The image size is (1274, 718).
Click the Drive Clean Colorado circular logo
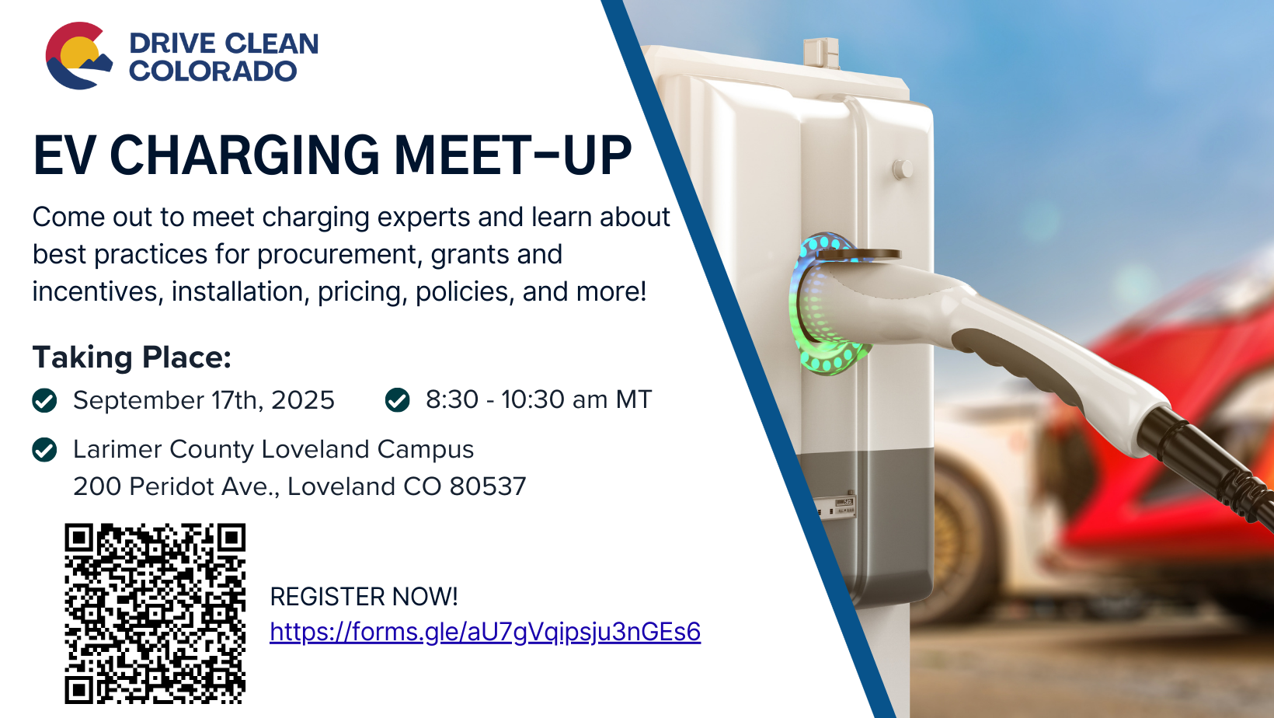point(78,56)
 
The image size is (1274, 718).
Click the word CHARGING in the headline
point(244,155)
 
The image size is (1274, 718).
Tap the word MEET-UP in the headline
point(513,155)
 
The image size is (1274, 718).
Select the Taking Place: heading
point(132,357)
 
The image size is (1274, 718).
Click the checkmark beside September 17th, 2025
point(44,400)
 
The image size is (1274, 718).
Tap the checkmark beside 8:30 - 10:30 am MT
point(397,399)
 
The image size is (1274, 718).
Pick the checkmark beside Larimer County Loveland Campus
point(44,449)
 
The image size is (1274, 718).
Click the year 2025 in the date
point(303,400)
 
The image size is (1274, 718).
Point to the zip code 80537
point(487,486)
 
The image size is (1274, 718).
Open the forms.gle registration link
point(486,632)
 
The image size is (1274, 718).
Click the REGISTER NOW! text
point(364,597)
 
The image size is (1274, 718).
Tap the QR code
point(155,613)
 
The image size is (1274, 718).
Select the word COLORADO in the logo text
point(213,71)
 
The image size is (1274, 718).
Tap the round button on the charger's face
point(903,169)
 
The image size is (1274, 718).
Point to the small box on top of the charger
point(820,53)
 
